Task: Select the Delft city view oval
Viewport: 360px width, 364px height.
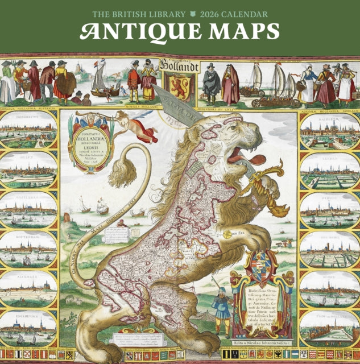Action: point(28,170)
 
